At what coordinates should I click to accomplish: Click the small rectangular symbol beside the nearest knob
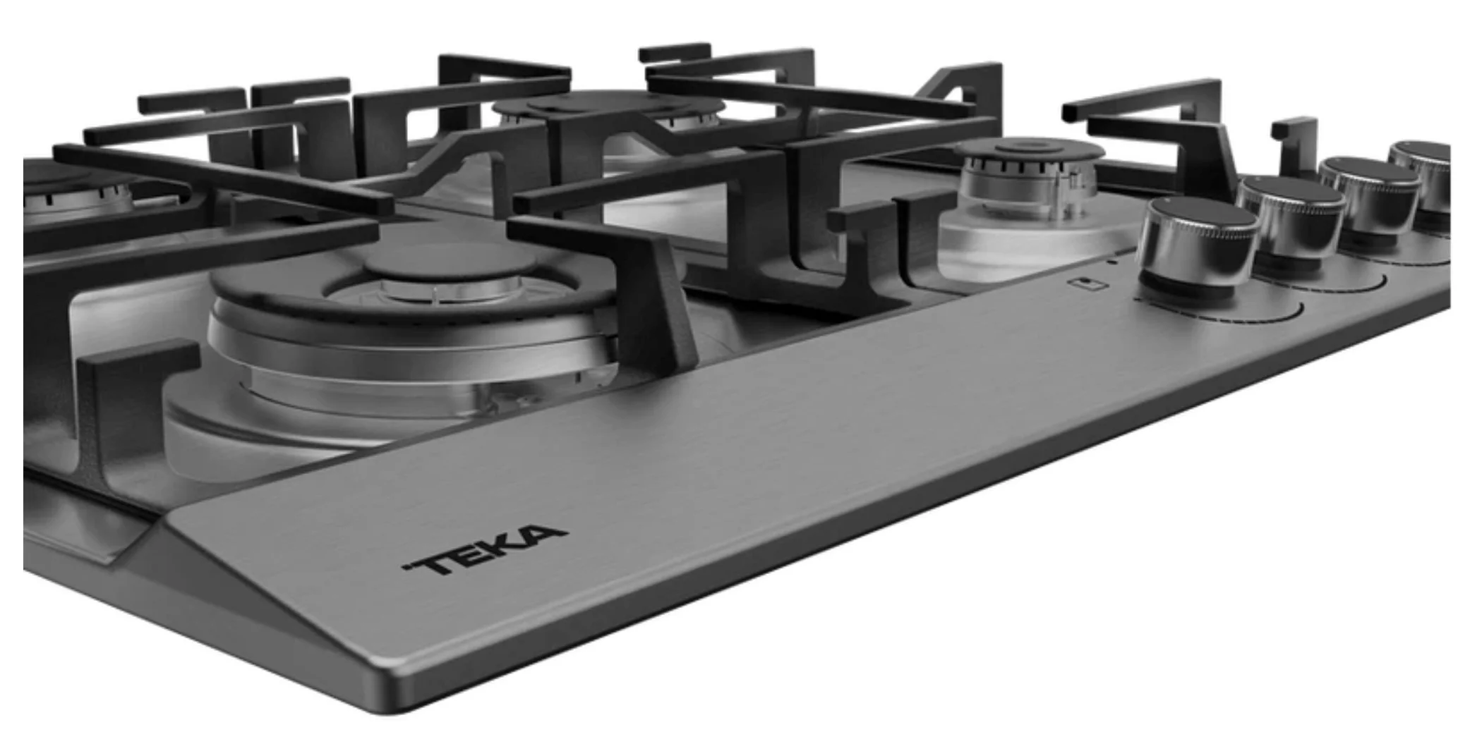tap(1089, 283)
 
